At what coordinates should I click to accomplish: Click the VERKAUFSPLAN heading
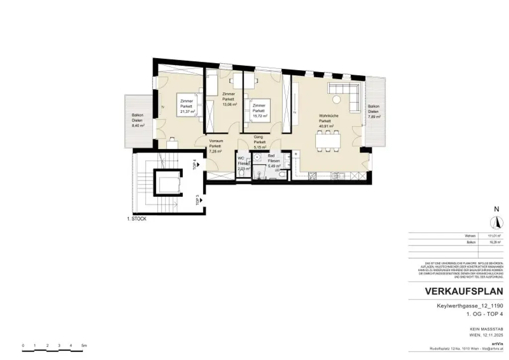463,291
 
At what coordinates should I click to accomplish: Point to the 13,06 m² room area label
229,104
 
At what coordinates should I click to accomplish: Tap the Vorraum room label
215,141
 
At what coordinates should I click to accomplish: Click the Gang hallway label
259,136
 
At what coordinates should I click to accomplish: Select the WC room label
241,158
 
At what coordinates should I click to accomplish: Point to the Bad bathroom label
273,156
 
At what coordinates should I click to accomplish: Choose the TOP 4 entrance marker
195,165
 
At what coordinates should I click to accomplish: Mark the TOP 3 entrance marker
197,199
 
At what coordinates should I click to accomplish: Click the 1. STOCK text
136,219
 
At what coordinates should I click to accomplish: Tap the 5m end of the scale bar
84,345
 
